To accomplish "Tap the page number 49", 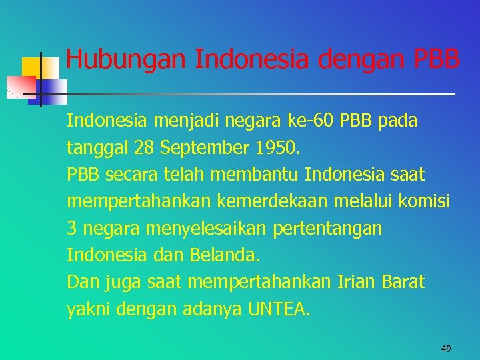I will [446, 348].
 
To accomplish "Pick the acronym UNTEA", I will [279, 309].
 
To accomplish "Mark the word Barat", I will [403, 282].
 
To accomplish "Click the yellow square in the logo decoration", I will [31, 67].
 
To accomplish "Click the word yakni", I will [89, 309].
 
